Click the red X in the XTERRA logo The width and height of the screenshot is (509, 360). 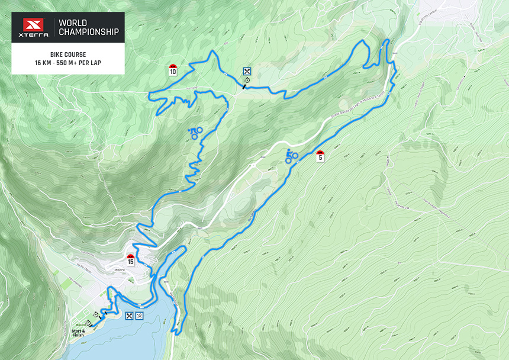coord(34,27)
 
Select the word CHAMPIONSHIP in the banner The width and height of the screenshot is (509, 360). coord(89,32)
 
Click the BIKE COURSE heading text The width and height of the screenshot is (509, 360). coord(68,54)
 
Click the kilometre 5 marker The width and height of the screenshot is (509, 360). coord(320,156)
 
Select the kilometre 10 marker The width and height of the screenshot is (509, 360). coord(172,70)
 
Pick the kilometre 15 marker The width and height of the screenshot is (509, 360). coord(130,259)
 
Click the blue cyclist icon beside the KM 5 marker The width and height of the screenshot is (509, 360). coord(291,156)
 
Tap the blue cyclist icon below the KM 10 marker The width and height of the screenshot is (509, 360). coord(195,133)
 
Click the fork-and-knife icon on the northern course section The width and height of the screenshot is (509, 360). coord(246,72)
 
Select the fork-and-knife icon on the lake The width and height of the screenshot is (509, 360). coord(129,316)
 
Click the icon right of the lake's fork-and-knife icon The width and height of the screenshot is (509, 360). coord(139,316)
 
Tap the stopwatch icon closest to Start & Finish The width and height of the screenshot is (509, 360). coord(88,323)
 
